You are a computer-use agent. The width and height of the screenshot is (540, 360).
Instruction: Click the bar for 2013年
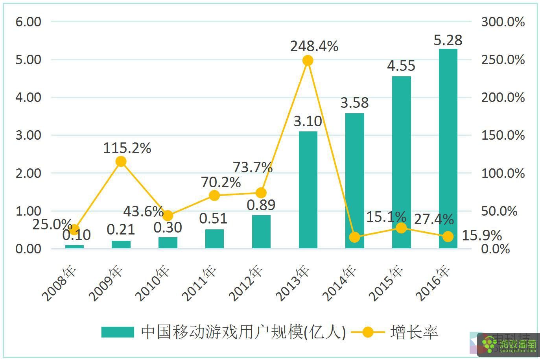(x=308, y=190)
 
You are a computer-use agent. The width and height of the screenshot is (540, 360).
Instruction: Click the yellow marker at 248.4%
(x=308, y=61)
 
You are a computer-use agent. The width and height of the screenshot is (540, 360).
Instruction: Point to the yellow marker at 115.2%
(x=121, y=161)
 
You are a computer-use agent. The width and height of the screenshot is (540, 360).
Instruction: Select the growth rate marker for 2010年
(x=168, y=216)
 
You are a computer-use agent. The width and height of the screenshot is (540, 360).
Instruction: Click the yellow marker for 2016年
(x=448, y=236)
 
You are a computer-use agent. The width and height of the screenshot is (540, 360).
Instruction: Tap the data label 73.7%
(x=252, y=167)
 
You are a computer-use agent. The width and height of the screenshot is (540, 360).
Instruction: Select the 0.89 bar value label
(x=261, y=205)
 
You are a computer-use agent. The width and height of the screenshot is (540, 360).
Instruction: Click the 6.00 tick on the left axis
(x=28, y=22)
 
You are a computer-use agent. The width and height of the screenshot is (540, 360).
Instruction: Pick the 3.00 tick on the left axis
(x=28, y=135)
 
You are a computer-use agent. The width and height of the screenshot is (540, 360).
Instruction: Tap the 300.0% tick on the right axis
(x=503, y=22)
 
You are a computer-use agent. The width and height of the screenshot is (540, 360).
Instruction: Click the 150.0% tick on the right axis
(x=503, y=135)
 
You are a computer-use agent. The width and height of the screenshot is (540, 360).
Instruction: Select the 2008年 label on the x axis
(x=61, y=284)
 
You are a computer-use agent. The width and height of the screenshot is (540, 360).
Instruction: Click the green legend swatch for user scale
(x=117, y=332)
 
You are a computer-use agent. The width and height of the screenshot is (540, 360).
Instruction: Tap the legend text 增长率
(x=414, y=332)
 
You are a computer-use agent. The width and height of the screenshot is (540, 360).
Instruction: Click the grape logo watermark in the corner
(x=490, y=344)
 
